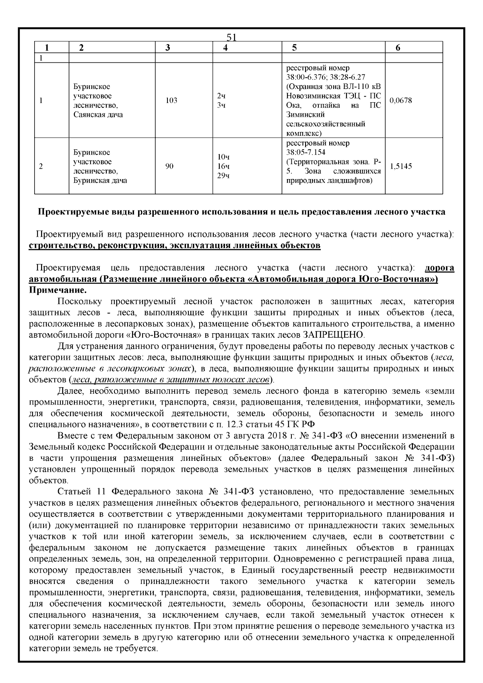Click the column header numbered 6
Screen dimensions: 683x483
pyautogui.click(x=398, y=47)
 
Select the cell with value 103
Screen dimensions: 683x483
pyautogui.click(x=171, y=101)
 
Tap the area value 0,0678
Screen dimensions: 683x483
pyautogui.click(x=400, y=101)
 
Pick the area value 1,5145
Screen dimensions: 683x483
pyautogui.click(x=400, y=166)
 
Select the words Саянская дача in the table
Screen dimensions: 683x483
pyautogui.click(x=98, y=115)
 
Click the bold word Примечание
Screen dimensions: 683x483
pyautogui.click(x=58, y=290)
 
